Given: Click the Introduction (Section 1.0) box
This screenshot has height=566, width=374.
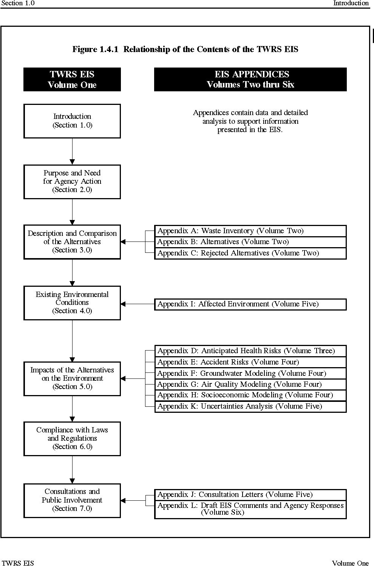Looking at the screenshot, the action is tap(72, 121).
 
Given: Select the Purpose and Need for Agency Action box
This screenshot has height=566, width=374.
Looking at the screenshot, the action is tap(72, 182).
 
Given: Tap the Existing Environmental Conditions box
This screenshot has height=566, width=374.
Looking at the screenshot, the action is tap(72, 303).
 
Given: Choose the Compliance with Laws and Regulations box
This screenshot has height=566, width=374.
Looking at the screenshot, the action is tap(72, 439).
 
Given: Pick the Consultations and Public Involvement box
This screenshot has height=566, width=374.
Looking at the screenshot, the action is tap(72, 501).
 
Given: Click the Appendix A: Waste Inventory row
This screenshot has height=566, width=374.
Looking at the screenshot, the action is tap(250, 231).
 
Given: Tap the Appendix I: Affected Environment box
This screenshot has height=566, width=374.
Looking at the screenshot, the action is tap(250, 304).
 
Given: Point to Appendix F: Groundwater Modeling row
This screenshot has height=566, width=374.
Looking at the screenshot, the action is tap(250, 374).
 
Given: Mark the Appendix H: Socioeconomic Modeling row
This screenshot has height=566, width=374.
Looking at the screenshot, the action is tap(250, 395).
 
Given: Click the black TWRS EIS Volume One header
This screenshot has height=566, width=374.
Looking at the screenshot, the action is tap(72, 79).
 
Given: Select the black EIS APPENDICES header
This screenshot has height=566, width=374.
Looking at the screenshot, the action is tap(250, 79).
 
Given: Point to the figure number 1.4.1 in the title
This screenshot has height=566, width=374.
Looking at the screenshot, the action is tap(109, 49).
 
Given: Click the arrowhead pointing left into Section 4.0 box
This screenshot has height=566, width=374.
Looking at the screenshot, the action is tap(123, 304).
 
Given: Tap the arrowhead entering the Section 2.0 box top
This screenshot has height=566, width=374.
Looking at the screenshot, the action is tap(72, 162).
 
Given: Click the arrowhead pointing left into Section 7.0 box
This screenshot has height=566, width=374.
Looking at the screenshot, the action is tap(123, 501).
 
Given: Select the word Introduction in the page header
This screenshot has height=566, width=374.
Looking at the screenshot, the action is tap(351, 3).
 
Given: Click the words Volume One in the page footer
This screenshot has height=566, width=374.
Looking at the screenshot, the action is tap(350, 563).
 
